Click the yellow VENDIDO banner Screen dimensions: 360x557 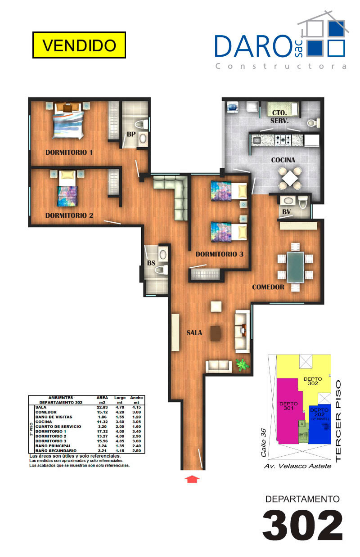click(79, 45)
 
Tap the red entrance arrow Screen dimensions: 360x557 click(192, 479)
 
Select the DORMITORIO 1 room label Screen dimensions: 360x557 click(69, 152)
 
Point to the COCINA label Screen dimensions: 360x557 click(283, 160)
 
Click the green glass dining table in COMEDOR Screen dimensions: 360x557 click(295, 267)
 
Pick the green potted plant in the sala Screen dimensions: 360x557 click(242, 365)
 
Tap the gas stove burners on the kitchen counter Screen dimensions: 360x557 click(283, 140)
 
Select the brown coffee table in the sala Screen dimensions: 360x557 click(216, 333)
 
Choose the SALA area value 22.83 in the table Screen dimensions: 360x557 click(102, 407)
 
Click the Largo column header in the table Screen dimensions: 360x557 click(120, 398)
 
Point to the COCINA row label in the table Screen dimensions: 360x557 click(44, 422)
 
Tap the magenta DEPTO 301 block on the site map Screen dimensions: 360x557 click(288, 410)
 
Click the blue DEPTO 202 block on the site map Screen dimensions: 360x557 click(319, 424)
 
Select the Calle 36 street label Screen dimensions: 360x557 click(263, 442)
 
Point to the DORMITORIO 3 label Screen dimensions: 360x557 click(220, 254)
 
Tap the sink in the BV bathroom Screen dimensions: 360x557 click(288, 200)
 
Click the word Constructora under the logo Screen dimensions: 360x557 click(281, 66)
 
